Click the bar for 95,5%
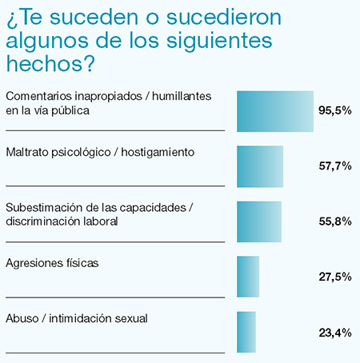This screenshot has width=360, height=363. (275, 111)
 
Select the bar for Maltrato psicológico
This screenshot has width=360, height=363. (260, 166)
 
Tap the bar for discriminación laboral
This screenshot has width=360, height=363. (259, 221)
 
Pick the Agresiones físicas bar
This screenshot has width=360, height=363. (248, 277)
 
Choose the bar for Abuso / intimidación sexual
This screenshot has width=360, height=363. (246, 332)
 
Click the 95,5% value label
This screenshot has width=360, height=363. (335, 110)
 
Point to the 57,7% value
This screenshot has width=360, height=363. (335, 166)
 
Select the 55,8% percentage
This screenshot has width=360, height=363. (335, 221)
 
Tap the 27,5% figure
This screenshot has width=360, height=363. (335, 277)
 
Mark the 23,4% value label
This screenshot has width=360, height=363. (335, 333)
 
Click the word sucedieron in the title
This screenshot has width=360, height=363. (224, 18)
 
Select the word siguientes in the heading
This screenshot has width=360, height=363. (219, 42)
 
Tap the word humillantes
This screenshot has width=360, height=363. (182, 96)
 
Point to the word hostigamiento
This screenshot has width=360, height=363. (158, 153)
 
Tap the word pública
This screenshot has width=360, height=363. (70, 111)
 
